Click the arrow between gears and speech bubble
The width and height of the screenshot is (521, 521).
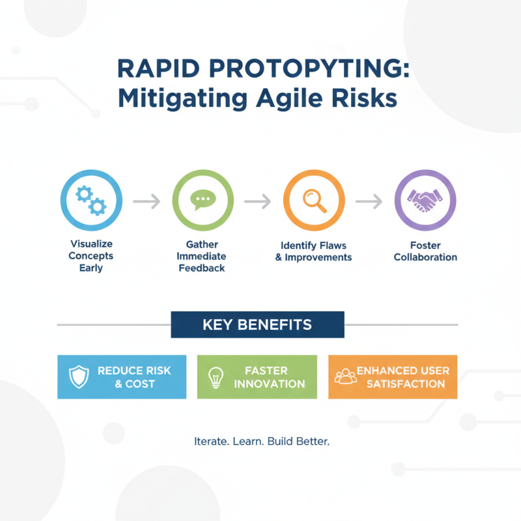pyautogui.click(x=147, y=202)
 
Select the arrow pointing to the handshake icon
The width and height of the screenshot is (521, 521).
pyautogui.click(x=369, y=202)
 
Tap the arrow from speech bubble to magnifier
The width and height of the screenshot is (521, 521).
pyautogui.click(x=258, y=202)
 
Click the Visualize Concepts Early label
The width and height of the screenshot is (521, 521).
pyautogui.click(x=91, y=255)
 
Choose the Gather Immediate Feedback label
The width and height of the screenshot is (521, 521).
pyautogui.click(x=202, y=256)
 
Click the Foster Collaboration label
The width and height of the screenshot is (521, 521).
pyautogui.click(x=425, y=251)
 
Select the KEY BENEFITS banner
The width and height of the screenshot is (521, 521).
pyautogui.click(x=257, y=324)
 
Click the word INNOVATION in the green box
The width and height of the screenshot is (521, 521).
pyautogui.click(x=269, y=384)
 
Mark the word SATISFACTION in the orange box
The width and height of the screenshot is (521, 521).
pyautogui.click(x=406, y=384)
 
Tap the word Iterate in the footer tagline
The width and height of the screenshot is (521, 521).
pyautogui.click(x=212, y=442)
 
